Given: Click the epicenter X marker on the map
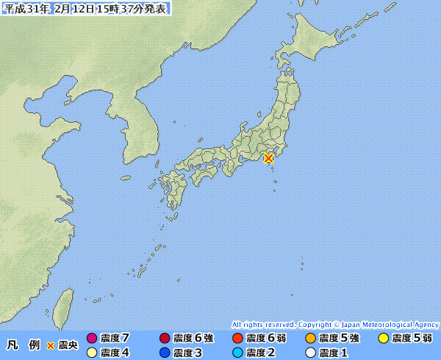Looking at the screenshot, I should (268, 157).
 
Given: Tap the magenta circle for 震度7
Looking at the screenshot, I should (91, 338).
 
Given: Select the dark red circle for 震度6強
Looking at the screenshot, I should (164, 338).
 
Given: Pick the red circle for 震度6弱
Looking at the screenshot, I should (237, 338).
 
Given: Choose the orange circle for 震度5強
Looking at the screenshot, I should (310, 338).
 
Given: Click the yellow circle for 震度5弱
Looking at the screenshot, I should (383, 338).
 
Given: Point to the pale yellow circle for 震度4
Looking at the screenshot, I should (91, 353).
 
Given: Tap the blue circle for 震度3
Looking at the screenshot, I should (164, 353).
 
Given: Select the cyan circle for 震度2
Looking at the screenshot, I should (237, 353).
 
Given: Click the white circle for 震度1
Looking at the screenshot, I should (310, 353).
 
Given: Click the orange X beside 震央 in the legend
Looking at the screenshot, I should (50, 345).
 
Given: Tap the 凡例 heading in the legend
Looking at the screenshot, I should (23, 345).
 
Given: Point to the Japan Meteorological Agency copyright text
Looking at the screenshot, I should (335, 324).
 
